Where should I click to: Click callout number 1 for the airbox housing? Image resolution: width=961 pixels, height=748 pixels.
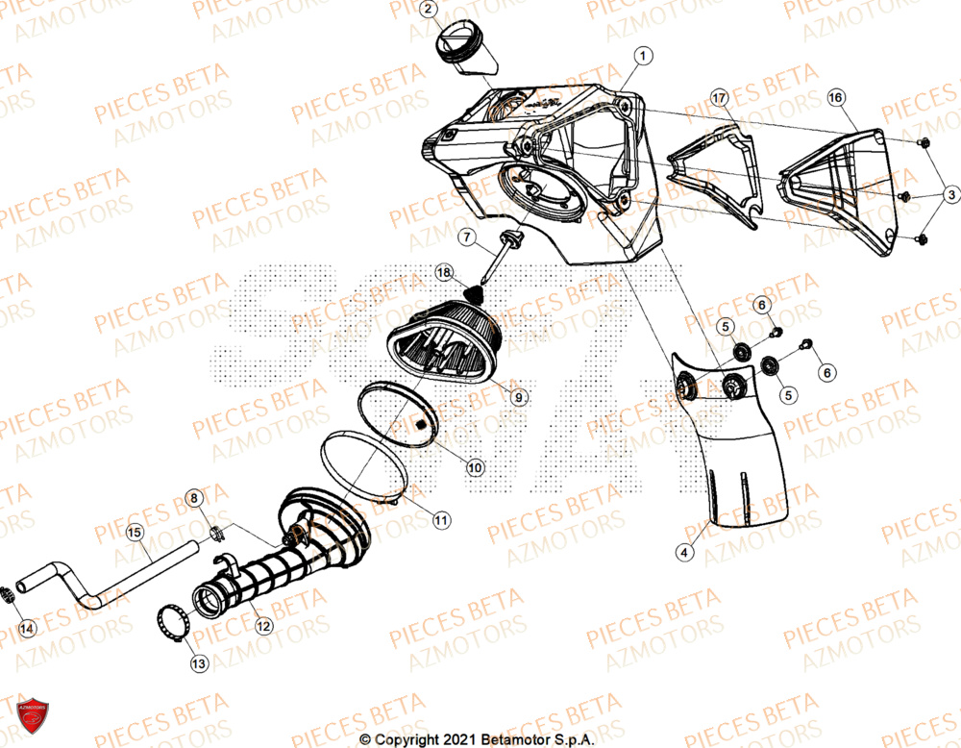click(x=642, y=56)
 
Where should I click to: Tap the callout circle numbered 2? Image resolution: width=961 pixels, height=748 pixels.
click(x=430, y=12)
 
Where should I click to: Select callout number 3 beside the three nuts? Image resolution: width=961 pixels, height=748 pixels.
click(x=949, y=195)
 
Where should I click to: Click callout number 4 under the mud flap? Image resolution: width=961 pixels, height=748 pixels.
click(x=683, y=552)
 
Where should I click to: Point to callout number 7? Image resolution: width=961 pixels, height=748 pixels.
click(x=464, y=237)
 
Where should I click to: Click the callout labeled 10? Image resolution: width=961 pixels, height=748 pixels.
click(x=475, y=467)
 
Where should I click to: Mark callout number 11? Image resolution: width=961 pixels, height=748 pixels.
click(x=439, y=520)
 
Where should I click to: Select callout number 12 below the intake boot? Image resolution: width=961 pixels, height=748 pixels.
click(x=262, y=625)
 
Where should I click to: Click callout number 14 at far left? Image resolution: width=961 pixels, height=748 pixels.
click(x=27, y=629)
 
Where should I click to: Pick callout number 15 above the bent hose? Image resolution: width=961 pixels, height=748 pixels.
click(x=135, y=532)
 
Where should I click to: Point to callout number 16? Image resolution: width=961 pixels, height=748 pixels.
click(x=835, y=98)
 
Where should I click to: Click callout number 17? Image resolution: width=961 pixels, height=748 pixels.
click(x=717, y=98)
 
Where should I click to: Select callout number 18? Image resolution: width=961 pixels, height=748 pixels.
click(x=443, y=272)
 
